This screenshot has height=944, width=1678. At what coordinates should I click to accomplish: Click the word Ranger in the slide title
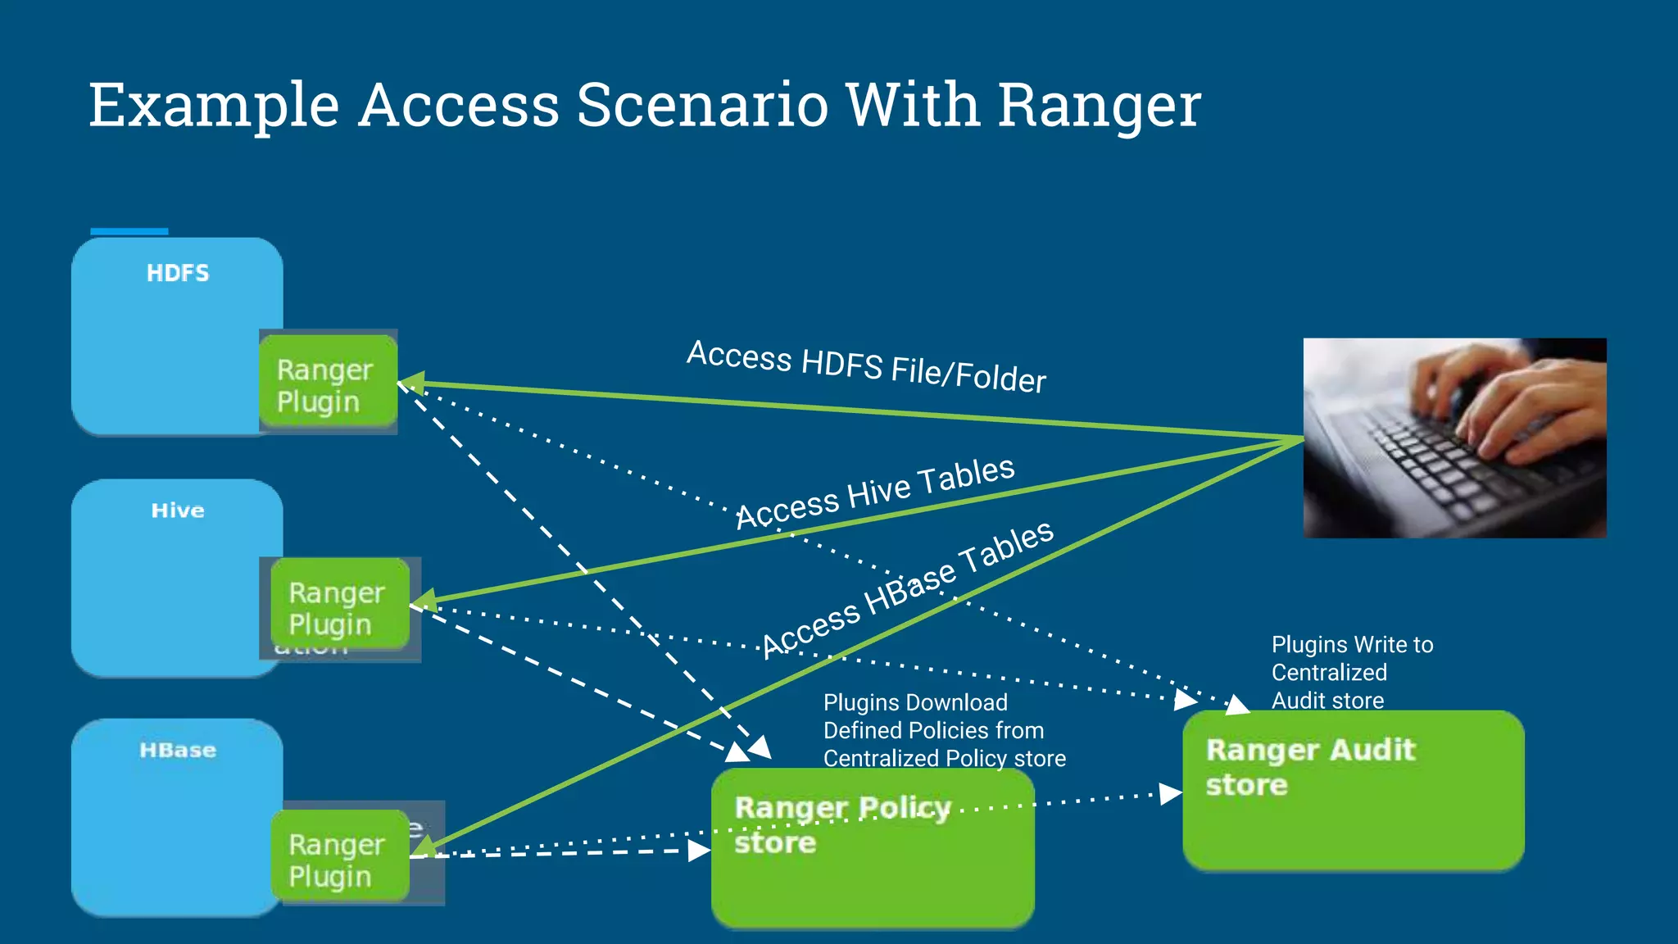pos(1098,107)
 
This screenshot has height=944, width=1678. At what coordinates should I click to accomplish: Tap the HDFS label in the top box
pos(178,273)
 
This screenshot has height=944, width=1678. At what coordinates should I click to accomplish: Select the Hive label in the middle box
pos(178,511)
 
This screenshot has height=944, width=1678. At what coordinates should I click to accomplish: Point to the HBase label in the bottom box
pos(178,750)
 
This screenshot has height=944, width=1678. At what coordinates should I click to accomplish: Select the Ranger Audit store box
pos(1353,790)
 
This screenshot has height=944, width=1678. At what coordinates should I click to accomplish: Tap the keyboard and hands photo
pos(1454,438)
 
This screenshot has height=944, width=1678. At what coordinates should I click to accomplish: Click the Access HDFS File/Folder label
pos(866,366)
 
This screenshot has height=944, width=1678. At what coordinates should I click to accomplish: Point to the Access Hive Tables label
pos(875,493)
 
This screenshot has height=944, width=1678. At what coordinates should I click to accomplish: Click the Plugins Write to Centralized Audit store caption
pos(1352,672)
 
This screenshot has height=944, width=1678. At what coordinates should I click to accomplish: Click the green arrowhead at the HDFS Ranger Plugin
pos(411,383)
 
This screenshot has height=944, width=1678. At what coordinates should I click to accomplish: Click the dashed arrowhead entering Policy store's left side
pos(699,851)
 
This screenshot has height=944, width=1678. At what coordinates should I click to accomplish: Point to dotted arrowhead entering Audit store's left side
pos(1170,793)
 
